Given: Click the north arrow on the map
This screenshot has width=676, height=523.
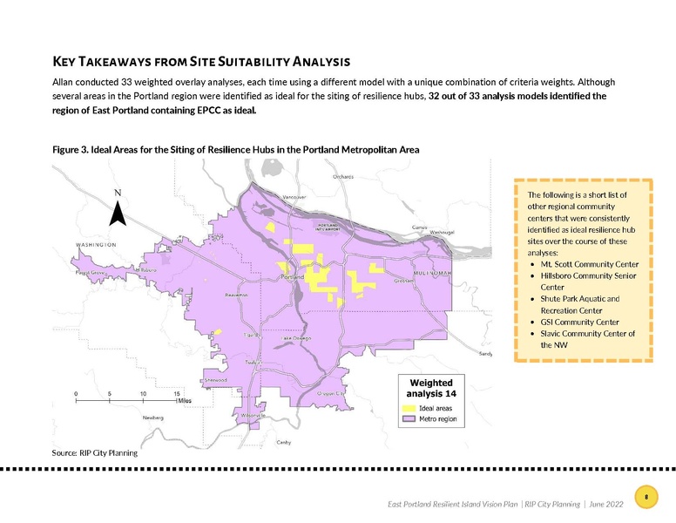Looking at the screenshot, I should pyautogui.click(x=118, y=211).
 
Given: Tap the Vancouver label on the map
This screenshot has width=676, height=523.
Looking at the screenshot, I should pyautogui.click(x=292, y=197).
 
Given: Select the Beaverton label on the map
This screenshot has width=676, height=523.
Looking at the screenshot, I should pyautogui.click(x=237, y=295).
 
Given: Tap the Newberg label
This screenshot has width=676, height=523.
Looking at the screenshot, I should pyautogui.click(x=153, y=418).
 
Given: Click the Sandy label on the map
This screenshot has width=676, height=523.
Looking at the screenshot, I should pyautogui.click(x=486, y=354).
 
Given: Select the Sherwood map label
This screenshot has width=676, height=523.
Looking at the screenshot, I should pyautogui.click(x=216, y=380).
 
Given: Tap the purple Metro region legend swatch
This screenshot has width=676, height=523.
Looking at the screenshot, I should pyautogui.click(x=408, y=419).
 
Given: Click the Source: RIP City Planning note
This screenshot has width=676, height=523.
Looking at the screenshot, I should pyautogui.click(x=95, y=452).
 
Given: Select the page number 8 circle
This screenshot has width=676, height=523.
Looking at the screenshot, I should pyautogui.click(x=646, y=497).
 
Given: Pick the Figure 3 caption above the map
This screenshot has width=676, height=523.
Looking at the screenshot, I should pyautogui.click(x=236, y=150).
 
